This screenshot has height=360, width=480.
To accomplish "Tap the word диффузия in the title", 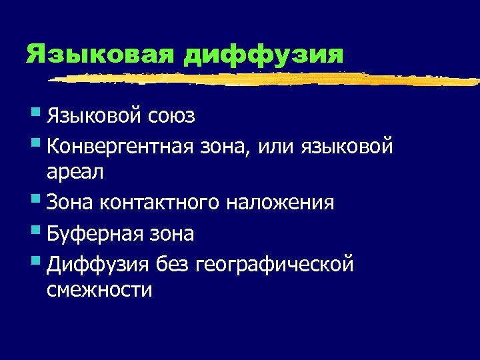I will click(x=263, y=54).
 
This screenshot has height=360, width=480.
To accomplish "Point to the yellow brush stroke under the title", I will click(x=267, y=79).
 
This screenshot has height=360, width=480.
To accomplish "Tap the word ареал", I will click(x=75, y=172).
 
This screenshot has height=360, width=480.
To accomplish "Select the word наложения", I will click(x=279, y=203).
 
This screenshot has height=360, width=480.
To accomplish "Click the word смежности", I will click(x=99, y=290).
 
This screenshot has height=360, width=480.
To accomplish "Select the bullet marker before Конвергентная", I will click(x=37, y=142).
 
